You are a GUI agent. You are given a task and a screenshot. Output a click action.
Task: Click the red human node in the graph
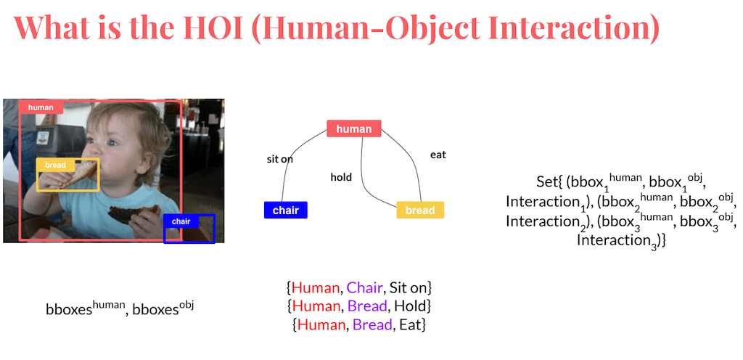pos(354,129)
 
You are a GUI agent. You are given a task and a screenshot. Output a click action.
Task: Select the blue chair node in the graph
pos(286,210)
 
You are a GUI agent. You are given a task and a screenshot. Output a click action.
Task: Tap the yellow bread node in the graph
pos(420,210)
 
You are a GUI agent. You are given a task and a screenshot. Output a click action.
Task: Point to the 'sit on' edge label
pos(280,159)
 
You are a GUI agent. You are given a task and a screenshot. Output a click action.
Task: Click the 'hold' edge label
pos(341,177)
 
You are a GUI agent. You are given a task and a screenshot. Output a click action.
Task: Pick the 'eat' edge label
pos(438,155)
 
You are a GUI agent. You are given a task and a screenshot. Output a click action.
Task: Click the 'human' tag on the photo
pos(41,107)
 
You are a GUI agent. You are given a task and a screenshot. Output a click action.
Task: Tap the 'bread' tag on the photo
pos(55,165)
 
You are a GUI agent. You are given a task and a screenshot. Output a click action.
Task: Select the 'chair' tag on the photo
pos(181,221)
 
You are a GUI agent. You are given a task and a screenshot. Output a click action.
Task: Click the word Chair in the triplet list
pos(364,287)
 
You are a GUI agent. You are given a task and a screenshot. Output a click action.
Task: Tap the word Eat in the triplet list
pos(409,325)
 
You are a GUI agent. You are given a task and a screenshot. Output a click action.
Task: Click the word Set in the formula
pos(546,181)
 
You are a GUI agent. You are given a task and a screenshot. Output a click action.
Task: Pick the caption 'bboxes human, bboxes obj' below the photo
pos(120,308)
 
